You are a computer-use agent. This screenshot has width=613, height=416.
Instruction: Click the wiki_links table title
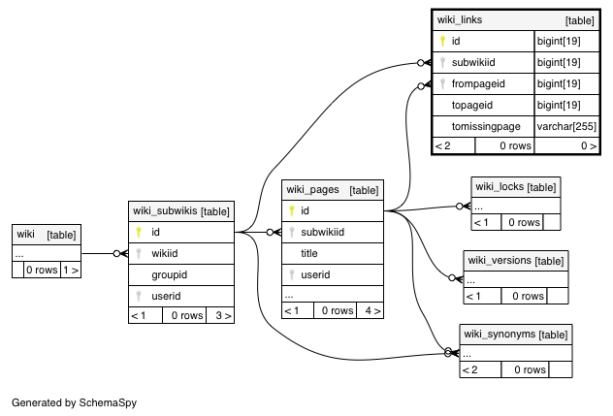point(460,20)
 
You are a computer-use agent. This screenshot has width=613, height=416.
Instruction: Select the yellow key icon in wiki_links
point(442,41)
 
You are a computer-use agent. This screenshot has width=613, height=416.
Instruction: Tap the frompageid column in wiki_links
point(478,83)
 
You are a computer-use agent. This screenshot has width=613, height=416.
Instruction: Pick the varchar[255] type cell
point(566,126)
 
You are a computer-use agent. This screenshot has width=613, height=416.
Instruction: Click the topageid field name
point(471,105)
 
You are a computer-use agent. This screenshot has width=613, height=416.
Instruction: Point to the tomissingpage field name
point(486,126)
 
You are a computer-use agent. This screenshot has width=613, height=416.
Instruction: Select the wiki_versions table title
point(500,261)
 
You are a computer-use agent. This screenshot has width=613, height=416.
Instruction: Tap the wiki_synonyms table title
point(500,334)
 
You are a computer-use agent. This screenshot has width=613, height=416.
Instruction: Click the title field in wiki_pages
point(308,253)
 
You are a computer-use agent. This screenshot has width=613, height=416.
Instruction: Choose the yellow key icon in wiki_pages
point(292,210)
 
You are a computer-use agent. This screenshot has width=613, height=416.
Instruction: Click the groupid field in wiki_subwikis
point(170,274)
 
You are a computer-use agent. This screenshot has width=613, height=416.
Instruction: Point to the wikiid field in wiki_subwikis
point(165,253)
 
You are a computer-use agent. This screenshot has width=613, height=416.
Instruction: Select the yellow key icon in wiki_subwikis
point(139,232)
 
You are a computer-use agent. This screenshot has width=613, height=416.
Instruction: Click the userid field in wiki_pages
point(315,274)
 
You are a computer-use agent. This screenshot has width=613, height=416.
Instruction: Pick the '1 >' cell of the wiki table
point(71,270)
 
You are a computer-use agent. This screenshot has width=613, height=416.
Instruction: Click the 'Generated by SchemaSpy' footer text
point(75,402)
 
